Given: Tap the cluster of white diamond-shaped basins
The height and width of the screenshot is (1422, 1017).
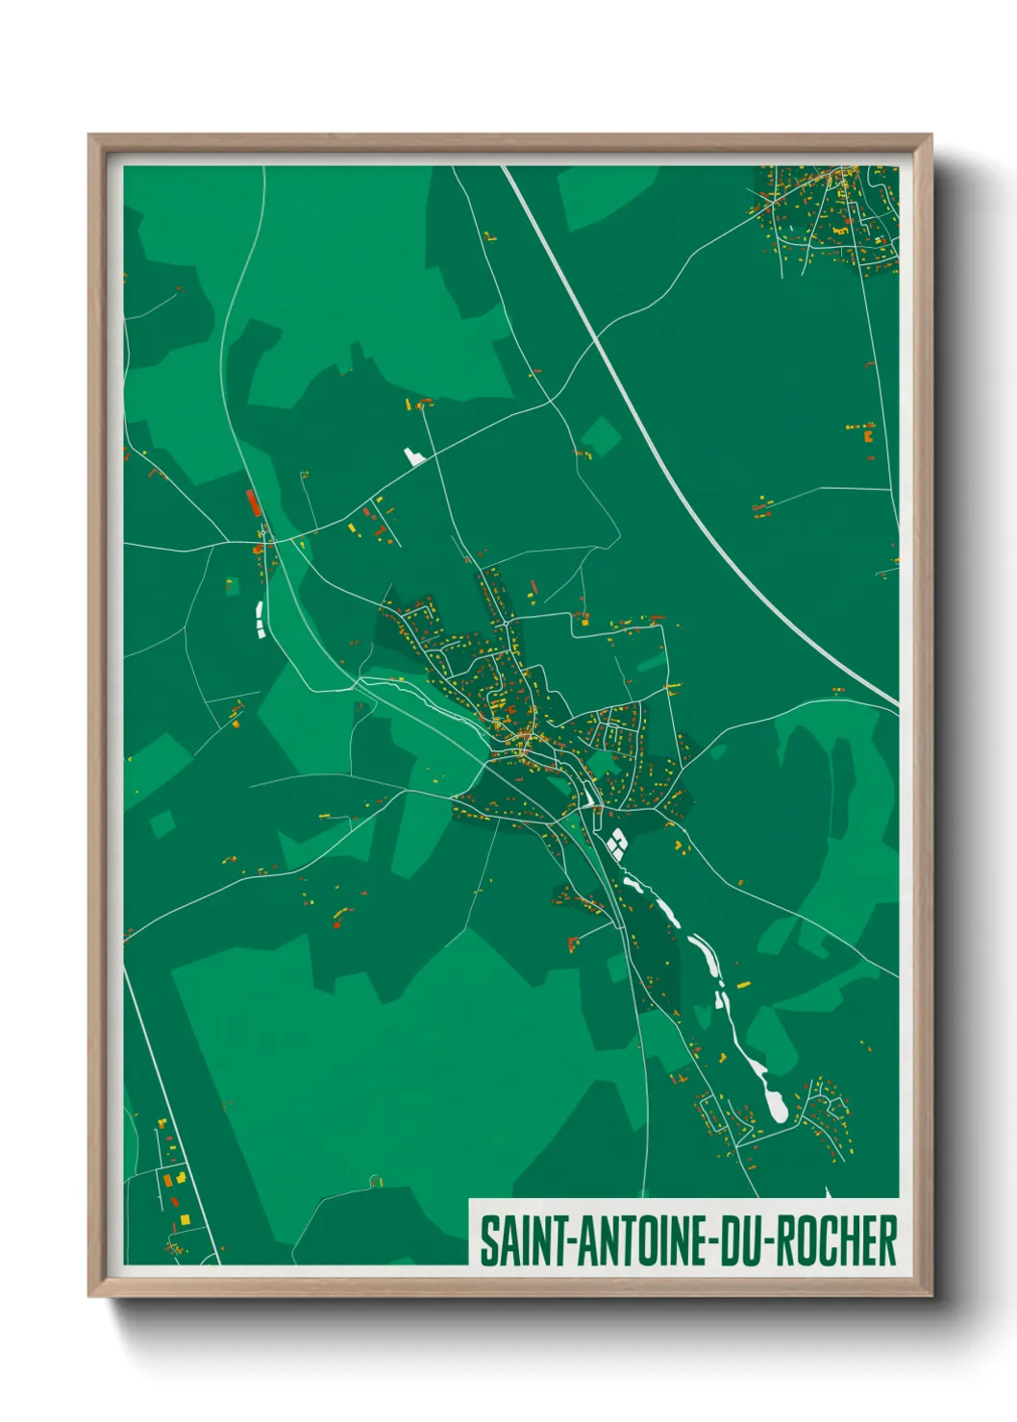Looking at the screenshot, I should pyautogui.click(x=615, y=844).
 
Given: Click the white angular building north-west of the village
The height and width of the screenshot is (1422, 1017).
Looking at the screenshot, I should pyautogui.click(x=414, y=455).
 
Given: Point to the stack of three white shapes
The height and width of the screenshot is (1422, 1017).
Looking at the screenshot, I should pyautogui.click(x=259, y=618).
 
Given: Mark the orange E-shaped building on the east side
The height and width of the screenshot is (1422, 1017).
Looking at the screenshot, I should pyautogui.click(x=868, y=435).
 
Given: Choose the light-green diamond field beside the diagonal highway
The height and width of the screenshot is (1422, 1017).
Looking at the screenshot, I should pyautogui.click(x=601, y=436).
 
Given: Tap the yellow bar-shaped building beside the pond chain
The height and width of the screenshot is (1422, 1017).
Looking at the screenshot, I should pyautogui.click(x=742, y=984).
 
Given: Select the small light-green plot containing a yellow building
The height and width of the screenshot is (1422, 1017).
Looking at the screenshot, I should pyautogui.click(x=231, y=584).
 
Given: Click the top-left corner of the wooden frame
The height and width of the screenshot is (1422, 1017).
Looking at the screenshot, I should pyautogui.click(x=90, y=136).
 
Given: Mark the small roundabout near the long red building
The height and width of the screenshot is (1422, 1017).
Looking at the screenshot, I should pyautogui.click(x=262, y=531).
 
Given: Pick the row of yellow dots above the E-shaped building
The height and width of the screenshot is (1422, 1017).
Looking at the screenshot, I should pyautogui.click(x=860, y=424).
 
